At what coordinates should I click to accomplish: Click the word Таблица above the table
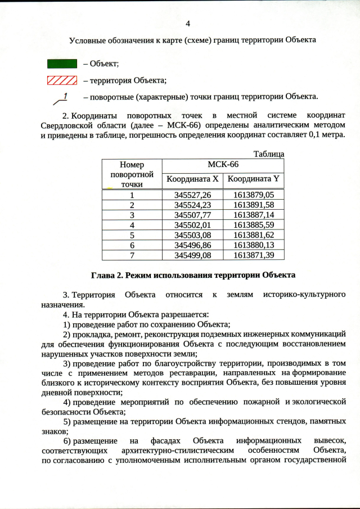click(x=268, y=154)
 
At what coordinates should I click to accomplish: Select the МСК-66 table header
click(x=223, y=165)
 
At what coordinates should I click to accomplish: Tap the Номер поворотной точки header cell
click(x=132, y=174)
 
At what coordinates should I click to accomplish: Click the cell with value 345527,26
click(x=192, y=195)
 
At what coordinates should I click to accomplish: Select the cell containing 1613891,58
click(x=253, y=205)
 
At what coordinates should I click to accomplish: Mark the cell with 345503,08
click(x=192, y=235)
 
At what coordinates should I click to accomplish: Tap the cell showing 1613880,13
click(x=253, y=245)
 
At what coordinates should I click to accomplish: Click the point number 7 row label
click(x=132, y=255)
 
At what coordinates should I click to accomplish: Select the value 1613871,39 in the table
click(x=253, y=255)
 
